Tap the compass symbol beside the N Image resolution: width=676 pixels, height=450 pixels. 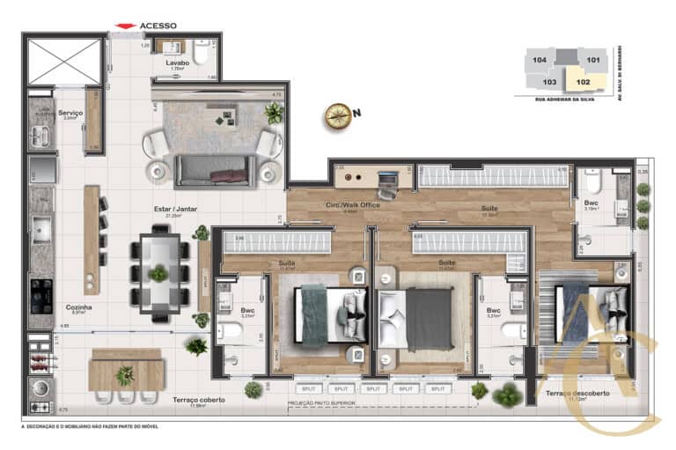[337, 114]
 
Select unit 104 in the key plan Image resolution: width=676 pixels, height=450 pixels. [540, 60]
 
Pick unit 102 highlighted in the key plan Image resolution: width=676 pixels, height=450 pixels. [583, 82]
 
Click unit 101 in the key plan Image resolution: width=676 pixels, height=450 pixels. [593, 60]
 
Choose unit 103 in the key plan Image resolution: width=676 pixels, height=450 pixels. [550, 82]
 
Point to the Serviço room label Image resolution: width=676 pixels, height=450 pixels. [70, 114]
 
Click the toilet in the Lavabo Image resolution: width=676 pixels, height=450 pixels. [200, 56]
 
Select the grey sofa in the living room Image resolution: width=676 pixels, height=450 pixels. [216, 169]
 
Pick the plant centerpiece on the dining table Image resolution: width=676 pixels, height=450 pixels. [158, 273]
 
